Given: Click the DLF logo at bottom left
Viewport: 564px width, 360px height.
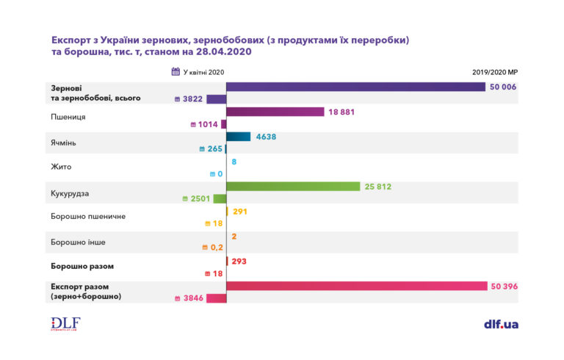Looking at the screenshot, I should pos(65,323).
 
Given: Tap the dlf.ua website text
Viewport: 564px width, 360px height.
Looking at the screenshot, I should pos(501,324).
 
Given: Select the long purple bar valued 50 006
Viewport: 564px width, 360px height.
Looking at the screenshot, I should pos(355,87).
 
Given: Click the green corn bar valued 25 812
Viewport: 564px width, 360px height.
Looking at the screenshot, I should pos(293,187).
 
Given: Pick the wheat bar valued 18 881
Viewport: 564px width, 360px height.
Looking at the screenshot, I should pos(275,112).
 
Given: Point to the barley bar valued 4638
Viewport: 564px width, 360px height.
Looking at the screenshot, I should pos(239,137).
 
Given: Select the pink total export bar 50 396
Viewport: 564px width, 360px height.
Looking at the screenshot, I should pos(357,286).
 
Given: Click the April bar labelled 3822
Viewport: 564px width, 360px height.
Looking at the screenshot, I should pos(216,99).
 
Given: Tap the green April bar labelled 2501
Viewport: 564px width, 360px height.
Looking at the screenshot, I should pos(220,198).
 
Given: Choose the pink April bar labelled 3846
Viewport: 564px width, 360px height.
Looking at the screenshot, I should pos(216,298).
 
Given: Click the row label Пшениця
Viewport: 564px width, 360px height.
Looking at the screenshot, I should pos(68,118).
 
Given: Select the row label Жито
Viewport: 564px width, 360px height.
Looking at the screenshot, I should pos(62,168).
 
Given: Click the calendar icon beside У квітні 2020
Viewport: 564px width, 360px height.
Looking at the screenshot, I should pos(176,72).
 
